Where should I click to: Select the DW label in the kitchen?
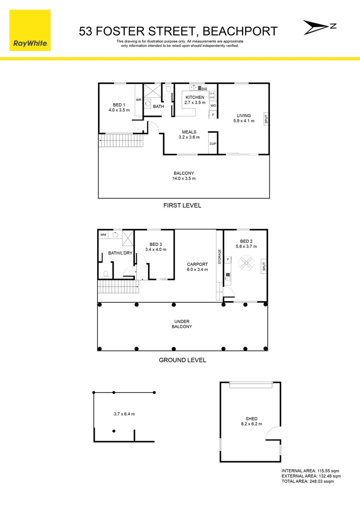click(x=204, y=89)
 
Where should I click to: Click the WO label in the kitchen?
click(x=213, y=106)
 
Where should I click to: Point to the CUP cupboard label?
click(x=213, y=143)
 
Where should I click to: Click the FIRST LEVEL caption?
click(x=182, y=205)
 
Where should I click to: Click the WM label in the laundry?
click(x=103, y=234)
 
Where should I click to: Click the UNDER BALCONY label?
click(x=182, y=323)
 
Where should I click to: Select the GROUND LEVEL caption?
click(x=182, y=360)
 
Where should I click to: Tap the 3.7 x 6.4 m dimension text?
click(x=124, y=414)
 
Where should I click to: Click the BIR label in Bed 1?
click(x=139, y=100)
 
